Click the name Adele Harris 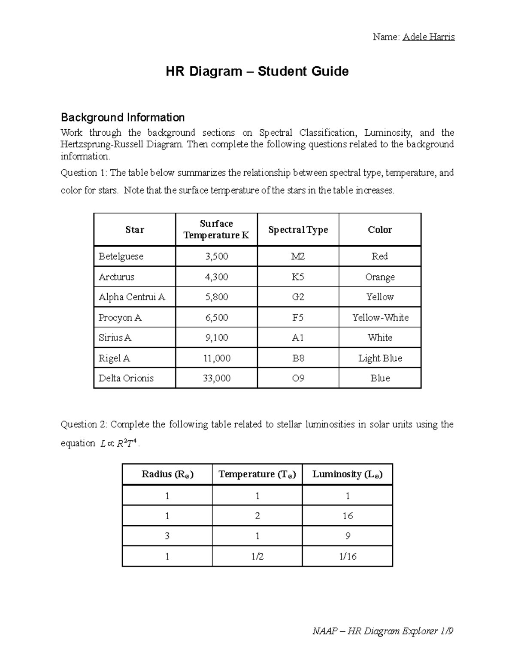coord(428,37)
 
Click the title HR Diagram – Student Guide coord(257,71)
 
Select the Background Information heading coord(123,117)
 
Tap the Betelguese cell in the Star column coord(121,256)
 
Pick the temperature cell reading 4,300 coord(216,277)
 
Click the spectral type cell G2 coord(298,297)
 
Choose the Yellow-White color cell coord(380,317)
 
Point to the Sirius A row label coord(115,338)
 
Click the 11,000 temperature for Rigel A coord(216,358)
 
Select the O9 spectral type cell coord(298,378)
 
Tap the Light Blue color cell coord(380,358)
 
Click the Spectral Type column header coord(298,230)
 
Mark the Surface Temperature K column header coord(216,229)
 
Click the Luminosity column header coord(347,474)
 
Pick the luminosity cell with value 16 coord(348,516)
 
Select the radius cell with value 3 coord(167,536)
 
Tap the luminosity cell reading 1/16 coord(348,557)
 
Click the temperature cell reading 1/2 coord(257,557)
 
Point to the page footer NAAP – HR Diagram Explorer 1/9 coord(383,631)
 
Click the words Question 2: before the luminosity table coord(84,425)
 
